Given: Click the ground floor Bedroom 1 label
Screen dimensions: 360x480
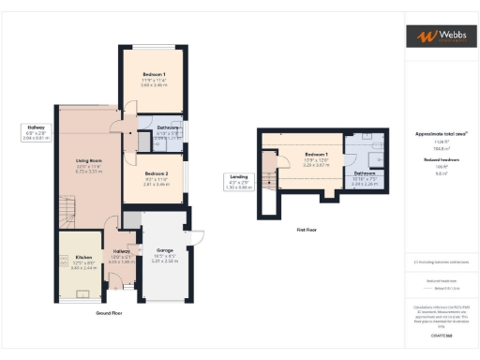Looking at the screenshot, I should [x=154, y=74].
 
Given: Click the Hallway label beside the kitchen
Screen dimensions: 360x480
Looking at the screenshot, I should [x=122, y=252].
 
